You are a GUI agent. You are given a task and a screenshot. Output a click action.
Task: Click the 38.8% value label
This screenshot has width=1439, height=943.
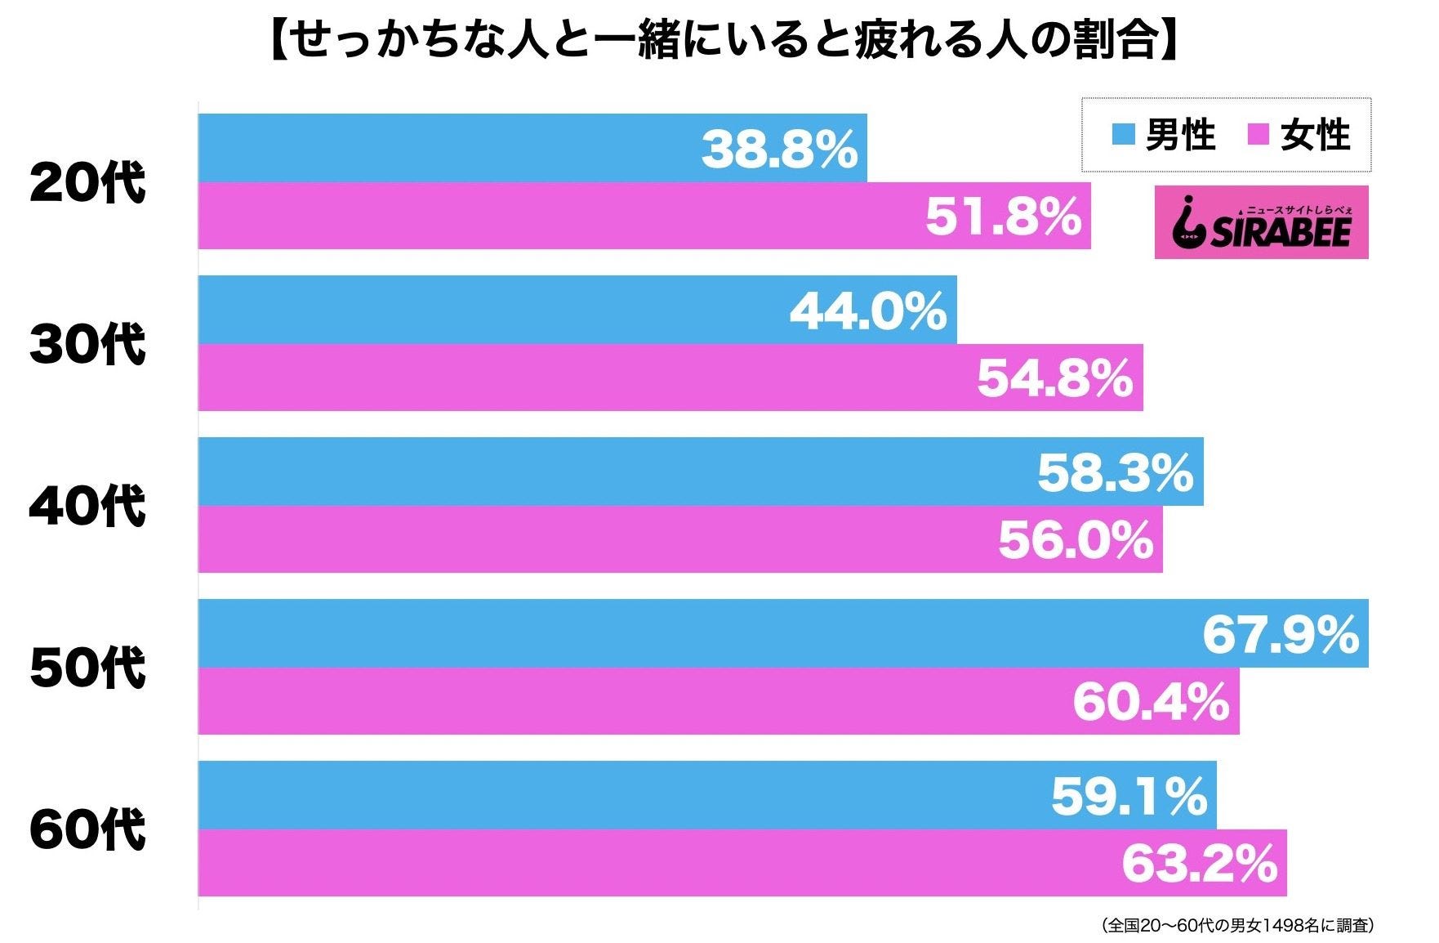[780, 150]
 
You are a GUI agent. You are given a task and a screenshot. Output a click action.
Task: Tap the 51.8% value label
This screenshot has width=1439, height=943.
[1004, 217]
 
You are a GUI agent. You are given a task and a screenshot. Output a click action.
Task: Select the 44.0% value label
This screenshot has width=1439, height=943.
[868, 311]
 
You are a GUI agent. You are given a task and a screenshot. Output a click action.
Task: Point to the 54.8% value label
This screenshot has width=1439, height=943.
[1055, 379]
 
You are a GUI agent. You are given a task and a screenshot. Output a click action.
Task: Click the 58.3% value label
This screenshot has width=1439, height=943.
[1116, 473]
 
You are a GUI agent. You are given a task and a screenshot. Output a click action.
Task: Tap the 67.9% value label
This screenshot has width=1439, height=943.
[1281, 635]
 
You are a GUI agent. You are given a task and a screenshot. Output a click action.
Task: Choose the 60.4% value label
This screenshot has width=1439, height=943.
[1151, 703]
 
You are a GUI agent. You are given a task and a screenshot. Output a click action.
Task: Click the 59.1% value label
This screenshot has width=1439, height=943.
[1129, 797]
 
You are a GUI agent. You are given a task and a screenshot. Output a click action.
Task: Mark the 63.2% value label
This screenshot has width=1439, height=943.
[1199, 865]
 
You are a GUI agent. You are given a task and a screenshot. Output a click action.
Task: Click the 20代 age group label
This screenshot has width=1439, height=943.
[87, 183]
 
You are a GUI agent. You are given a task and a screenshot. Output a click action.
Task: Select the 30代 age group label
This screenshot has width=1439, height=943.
[87, 344]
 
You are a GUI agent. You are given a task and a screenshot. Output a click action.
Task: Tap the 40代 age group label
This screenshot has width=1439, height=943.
[87, 506]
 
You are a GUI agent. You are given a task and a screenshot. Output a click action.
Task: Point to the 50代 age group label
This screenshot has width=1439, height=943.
[87, 668]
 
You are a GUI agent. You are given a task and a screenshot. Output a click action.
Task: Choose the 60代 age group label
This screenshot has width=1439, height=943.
[87, 829]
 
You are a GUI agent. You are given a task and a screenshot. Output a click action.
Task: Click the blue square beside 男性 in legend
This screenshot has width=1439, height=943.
[1124, 135]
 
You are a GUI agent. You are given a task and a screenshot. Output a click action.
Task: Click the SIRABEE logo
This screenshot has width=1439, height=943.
[1261, 223]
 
